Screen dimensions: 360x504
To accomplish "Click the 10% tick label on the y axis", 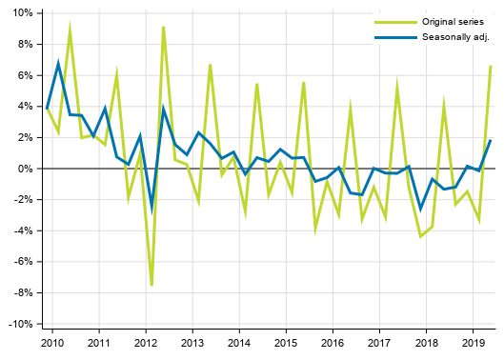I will [x=22, y=13].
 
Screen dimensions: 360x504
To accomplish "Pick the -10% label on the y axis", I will [x=20, y=325].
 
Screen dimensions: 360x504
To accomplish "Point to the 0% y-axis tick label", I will [x=25, y=169].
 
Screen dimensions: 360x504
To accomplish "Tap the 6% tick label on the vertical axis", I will [x=25, y=75].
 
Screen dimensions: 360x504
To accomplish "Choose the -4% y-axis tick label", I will [x=23, y=231].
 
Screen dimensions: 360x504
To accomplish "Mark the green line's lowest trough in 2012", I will [x=151, y=285].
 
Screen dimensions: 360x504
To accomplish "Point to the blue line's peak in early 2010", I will [x=58, y=63].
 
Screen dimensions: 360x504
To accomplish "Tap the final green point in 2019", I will [x=490, y=66].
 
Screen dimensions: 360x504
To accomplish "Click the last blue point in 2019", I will [x=490, y=140].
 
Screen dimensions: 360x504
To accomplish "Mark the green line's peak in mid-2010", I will [x=70, y=30].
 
